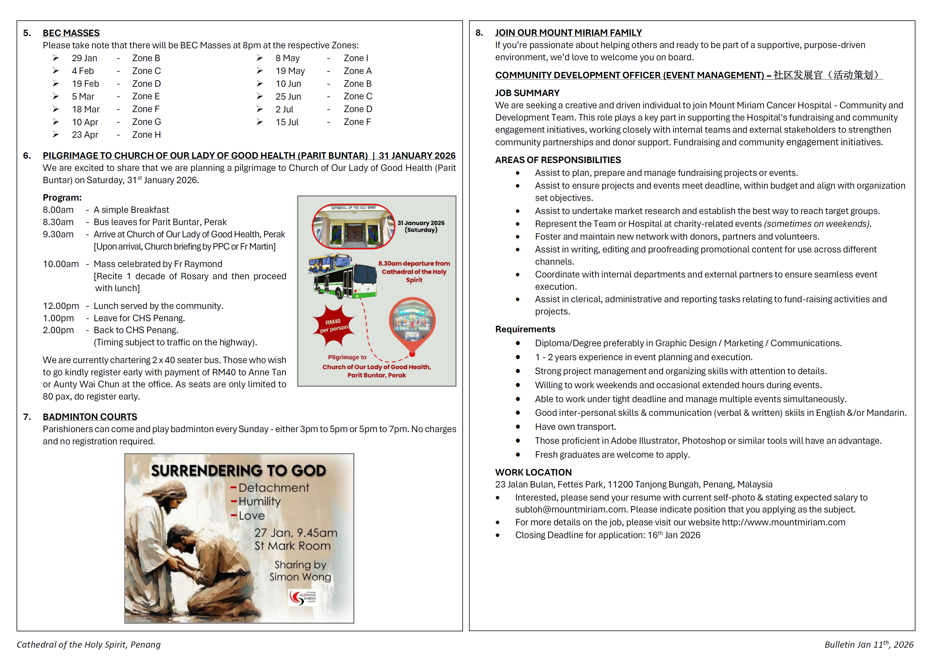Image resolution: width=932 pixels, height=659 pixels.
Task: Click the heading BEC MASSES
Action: click(71, 33)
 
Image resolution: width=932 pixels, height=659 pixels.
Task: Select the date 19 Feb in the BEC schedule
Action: click(85, 84)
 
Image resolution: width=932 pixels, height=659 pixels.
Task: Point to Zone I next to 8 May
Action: click(356, 58)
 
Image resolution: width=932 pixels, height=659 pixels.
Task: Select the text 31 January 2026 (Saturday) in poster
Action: click(421, 226)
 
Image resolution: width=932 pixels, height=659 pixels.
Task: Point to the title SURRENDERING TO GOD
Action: click(238, 471)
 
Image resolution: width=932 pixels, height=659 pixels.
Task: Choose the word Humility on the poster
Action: click(259, 501)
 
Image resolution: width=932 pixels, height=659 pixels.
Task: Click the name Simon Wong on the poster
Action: click(300, 577)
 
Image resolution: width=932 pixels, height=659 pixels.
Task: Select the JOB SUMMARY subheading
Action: click(527, 93)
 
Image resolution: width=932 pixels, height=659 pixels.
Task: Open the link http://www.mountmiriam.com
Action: click(783, 522)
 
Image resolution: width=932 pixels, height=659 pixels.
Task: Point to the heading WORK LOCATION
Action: click(533, 472)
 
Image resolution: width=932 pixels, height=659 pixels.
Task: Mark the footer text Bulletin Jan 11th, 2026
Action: click(869, 644)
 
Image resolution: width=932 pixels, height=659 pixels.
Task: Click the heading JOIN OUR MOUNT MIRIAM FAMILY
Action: click(568, 33)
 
